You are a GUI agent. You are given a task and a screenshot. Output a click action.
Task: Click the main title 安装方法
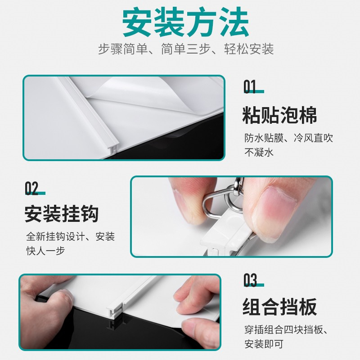pos(185,22)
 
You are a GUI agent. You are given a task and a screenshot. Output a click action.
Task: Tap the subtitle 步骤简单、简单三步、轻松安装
pos(186,49)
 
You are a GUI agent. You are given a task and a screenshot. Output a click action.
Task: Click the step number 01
pos(250,87)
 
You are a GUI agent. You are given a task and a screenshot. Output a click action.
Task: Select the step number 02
pos(31,189)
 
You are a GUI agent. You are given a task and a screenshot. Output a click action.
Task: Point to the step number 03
pos(250,280)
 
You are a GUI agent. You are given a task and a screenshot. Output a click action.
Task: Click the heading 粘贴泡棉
pos(279,115)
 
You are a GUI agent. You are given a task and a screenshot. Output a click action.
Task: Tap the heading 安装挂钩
pos(62,214)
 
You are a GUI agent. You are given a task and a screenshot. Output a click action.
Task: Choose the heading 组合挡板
pos(279,307)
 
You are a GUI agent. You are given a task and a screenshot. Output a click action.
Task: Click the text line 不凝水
pos(259,152)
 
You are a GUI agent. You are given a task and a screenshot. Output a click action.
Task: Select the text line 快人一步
pos(45,251)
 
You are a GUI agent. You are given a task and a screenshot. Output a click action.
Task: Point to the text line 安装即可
pos(264,344)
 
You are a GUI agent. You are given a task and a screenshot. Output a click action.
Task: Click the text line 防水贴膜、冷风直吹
pos(288,138)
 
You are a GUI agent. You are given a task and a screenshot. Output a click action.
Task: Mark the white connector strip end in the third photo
pos(114,310)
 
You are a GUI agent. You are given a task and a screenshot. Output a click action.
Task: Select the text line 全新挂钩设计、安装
pos(70,237)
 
